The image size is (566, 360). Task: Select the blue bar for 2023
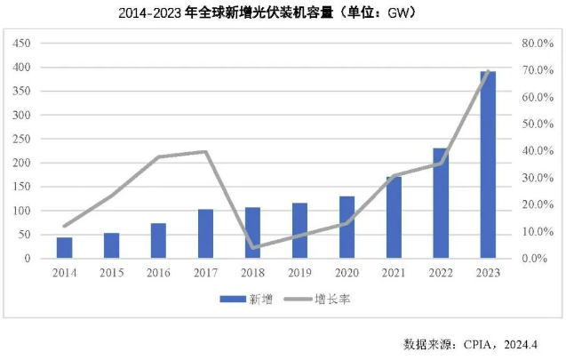488,164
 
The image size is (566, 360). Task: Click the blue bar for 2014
64,247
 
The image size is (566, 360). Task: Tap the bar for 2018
252,233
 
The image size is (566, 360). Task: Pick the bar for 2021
394,217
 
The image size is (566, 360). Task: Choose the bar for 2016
158,240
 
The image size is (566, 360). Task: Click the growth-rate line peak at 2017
205,152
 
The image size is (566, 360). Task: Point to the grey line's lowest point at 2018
252,248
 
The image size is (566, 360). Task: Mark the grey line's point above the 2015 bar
111,196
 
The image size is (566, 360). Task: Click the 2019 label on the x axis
299,273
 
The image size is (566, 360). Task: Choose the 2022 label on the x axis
441,273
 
